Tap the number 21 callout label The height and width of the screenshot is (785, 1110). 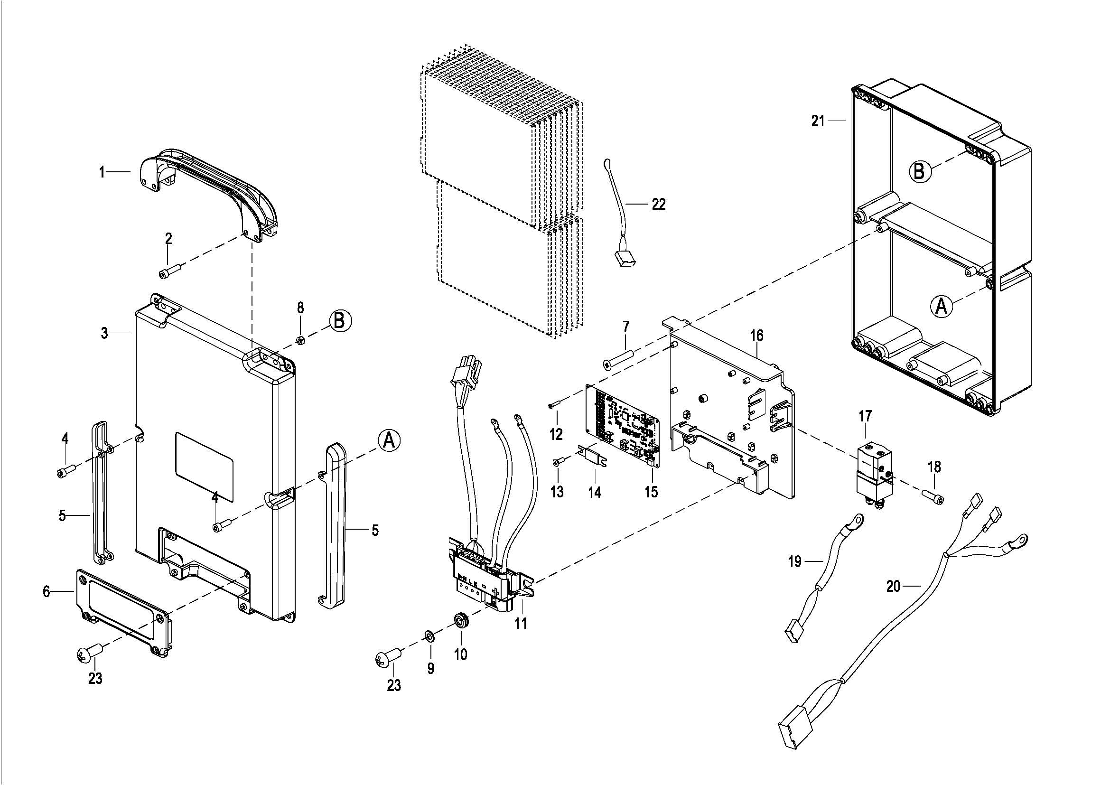click(x=818, y=121)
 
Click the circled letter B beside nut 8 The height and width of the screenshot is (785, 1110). click(x=340, y=320)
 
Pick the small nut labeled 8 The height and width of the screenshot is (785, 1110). click(x=299, y=340)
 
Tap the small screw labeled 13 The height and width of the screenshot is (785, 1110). click(x=558, y=463)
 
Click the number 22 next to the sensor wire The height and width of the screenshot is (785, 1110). click(x=659, y=204)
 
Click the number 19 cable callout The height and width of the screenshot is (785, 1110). click(x=795, y=561)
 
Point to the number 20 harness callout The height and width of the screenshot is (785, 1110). click(x=894, y=586)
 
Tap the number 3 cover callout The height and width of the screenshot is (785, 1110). click(x=104, y=333)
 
